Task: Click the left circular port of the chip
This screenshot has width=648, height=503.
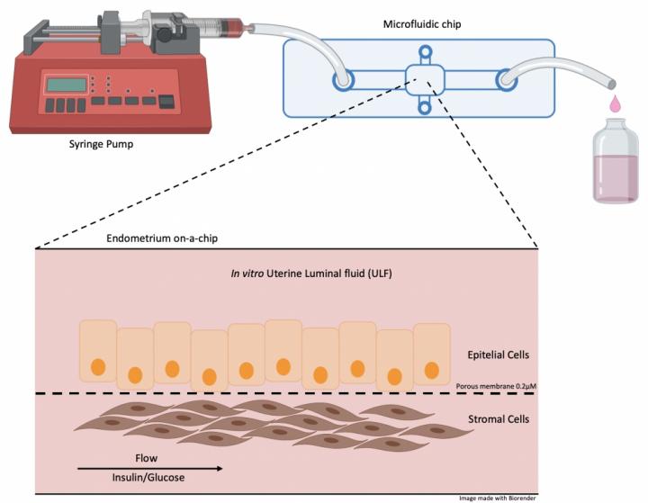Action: coord(342,80)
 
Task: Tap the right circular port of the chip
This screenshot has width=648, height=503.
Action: coord(504,80)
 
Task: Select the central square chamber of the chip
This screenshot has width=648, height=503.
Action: coord(422,79)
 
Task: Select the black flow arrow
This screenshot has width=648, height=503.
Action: coord(148,468)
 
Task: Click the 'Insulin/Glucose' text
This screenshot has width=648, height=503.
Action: coord(148,478)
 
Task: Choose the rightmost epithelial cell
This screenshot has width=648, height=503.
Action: coord(431,354)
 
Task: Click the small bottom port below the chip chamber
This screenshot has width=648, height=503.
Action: coord(423,110)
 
